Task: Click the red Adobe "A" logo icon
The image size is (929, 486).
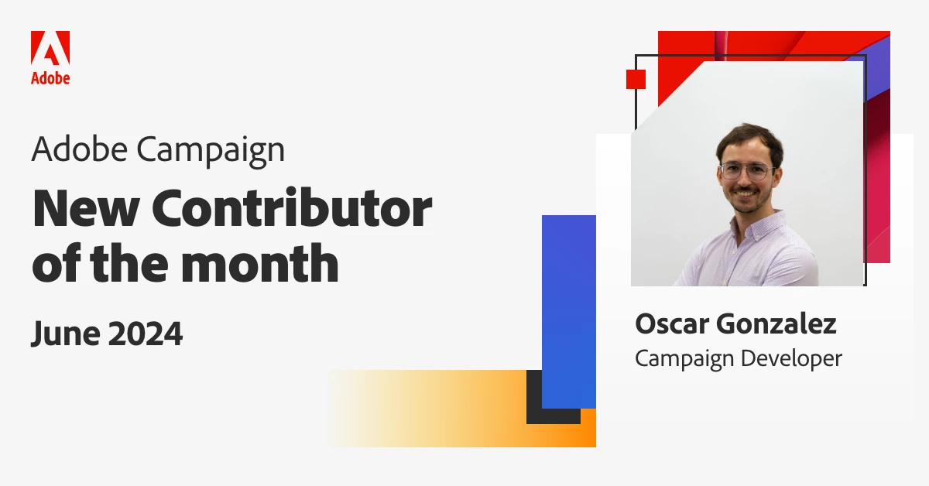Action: click(50, 48)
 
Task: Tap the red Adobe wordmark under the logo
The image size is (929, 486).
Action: click(50, 78)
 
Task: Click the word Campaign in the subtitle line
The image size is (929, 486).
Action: click(211, 151)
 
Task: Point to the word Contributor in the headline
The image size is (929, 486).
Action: click(292, 207)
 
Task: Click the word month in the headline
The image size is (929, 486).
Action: click(259, 263)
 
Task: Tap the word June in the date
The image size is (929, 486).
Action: click(66, 334)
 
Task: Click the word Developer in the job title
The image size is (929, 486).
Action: click(791, 358)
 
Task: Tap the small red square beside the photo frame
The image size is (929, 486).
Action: click(636, 79)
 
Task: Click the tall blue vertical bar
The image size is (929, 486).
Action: click(568, 311)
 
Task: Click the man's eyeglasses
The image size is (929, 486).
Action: click(746, 170)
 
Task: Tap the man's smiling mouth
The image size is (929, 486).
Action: click(745, 193)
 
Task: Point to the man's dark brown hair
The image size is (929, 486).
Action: click(750, 141)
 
